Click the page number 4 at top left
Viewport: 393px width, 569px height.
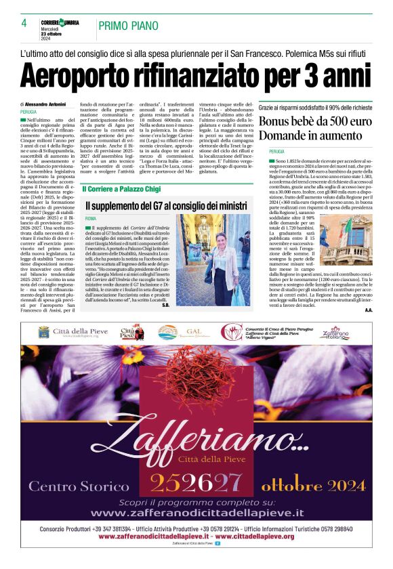(x=23, y=23)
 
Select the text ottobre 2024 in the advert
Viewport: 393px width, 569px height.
(x=312, y=484)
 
